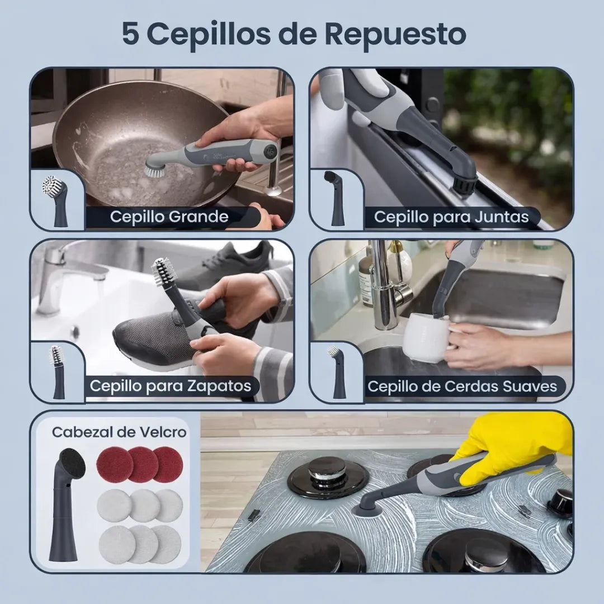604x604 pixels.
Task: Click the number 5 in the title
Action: (131, 34)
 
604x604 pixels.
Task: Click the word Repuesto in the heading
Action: (395, 34)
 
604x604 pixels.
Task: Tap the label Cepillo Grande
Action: (169, 217)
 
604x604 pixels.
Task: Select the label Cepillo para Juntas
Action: (451, 217)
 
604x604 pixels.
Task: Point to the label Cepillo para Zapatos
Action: (171, 386)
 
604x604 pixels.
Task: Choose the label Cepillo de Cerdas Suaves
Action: (462, 386)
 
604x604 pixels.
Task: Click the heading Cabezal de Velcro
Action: (119, 432)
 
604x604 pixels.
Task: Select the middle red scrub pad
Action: (143, 464)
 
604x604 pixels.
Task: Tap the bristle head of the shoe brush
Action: (164, 271)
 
